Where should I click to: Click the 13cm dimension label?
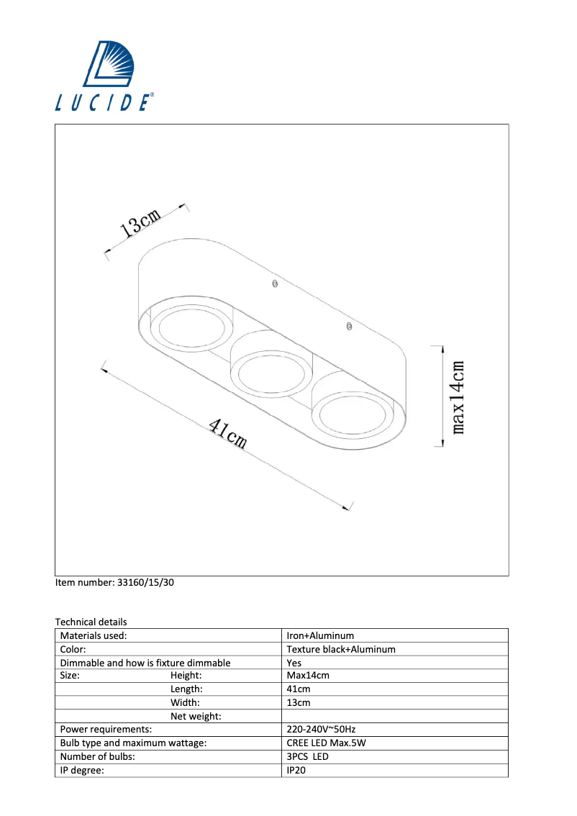(140, 223)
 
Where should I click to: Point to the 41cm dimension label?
(228, 434)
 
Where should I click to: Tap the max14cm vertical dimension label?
(458, 396)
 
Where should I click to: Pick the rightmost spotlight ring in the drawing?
(353, 415)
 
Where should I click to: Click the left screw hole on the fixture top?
(274, 284)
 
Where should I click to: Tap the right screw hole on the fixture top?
(349, 327)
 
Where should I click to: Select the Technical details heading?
(91, 622)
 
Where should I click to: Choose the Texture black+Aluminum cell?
(341, 649)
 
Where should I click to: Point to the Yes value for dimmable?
(294, 663)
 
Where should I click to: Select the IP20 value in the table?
(296, 771)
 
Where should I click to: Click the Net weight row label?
(196, 716)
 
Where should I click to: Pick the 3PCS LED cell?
(308, 757)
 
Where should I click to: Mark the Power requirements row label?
(106, 730)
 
